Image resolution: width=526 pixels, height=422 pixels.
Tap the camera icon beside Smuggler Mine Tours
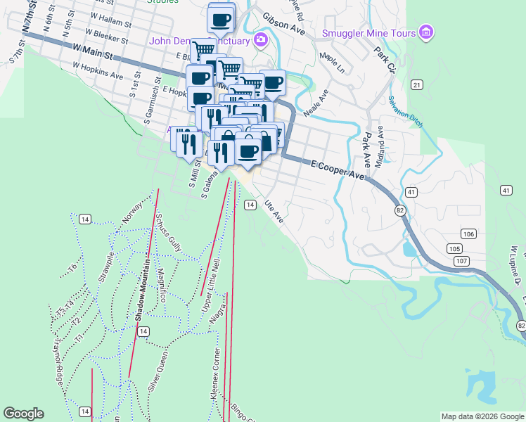point(425,32)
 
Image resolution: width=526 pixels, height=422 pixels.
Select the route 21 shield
point(418,85)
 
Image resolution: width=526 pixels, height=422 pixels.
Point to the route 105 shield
point(454,249)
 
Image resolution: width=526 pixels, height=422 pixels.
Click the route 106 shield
point(469,234)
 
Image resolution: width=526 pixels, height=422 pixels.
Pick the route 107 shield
point(462,261)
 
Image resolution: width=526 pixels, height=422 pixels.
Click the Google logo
point(23,414)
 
